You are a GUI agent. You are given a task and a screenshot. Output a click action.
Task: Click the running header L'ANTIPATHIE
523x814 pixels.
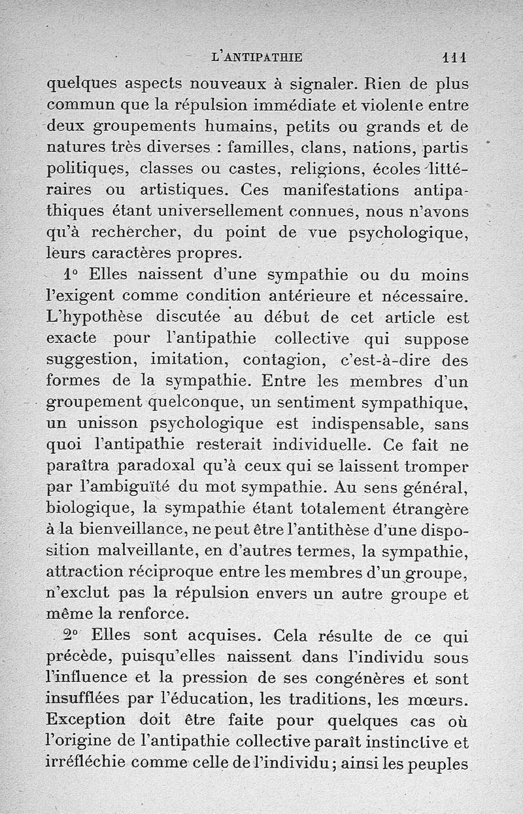coord(258,57)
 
